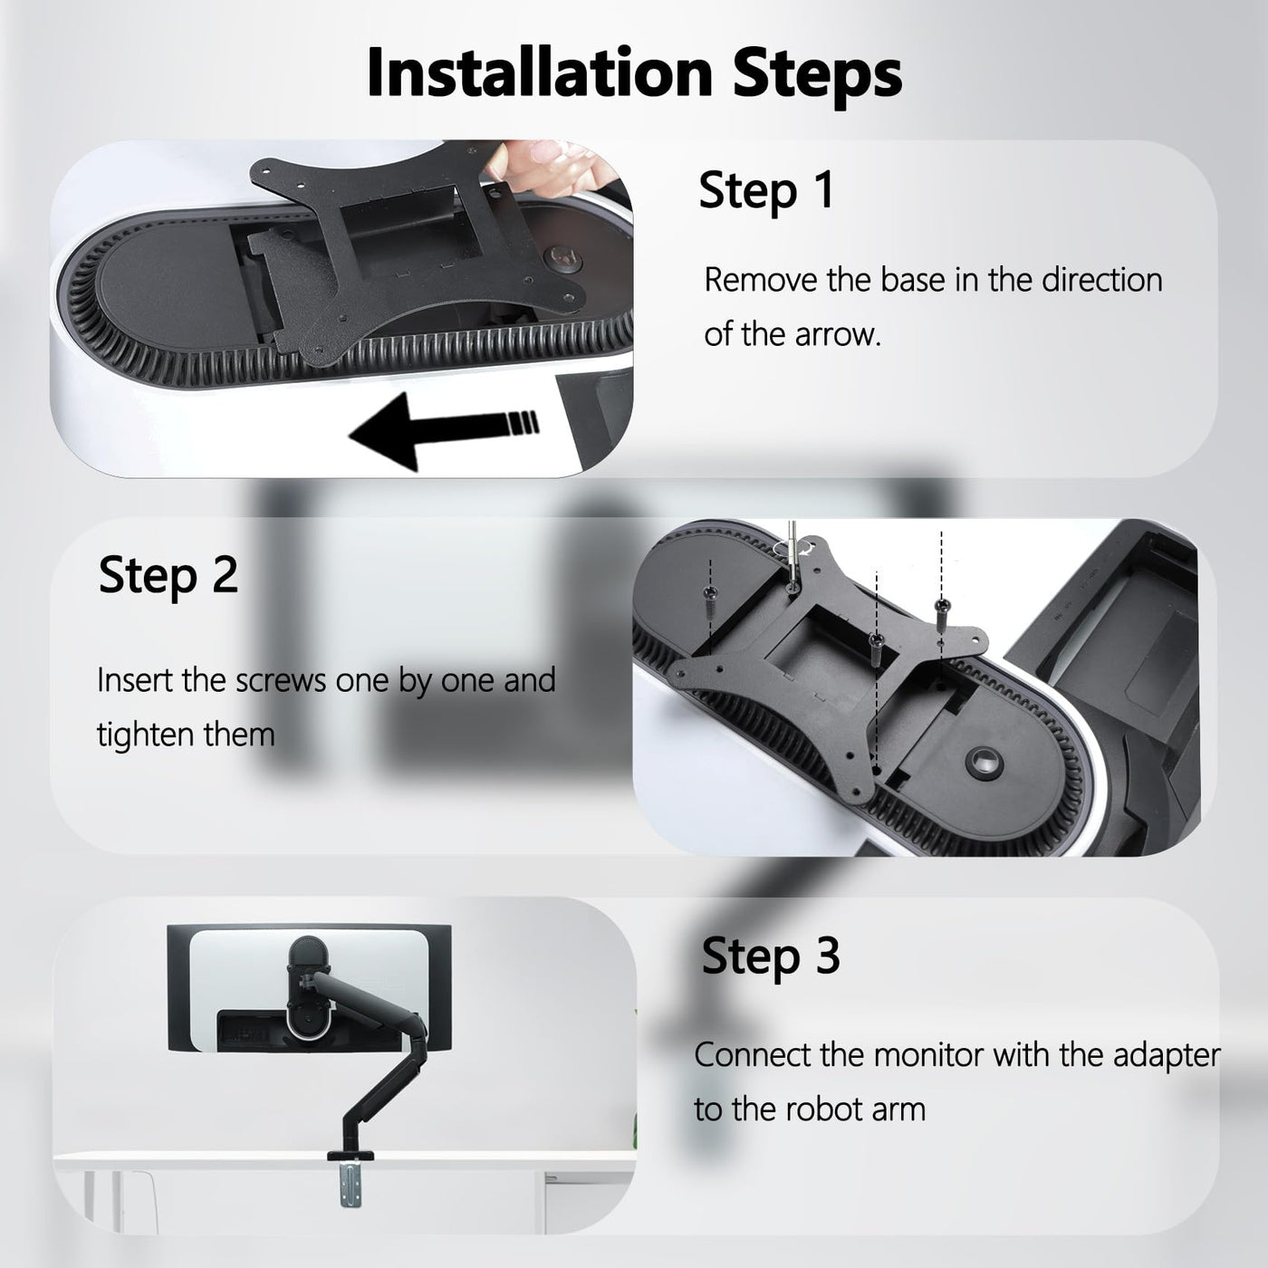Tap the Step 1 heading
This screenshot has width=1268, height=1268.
[x=766, y=191]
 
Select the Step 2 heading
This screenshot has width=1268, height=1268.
[x=168, y=576]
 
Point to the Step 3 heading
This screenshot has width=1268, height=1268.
[x=771, y=956]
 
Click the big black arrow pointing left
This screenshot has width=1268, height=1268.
[x=444, y=432]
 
